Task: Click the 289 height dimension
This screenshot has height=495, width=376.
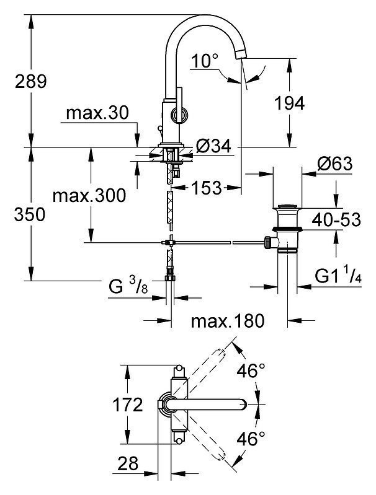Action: pos(31,81)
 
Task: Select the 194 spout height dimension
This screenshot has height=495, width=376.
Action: pos(289,103)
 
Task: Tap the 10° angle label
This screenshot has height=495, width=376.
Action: pos(205,61)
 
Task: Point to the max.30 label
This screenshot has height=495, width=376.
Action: pos(97,113)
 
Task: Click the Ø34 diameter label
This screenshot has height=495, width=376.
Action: pos(213,146)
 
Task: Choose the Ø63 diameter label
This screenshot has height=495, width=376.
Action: pos(335,164)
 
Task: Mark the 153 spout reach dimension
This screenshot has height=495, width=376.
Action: pos(207,188)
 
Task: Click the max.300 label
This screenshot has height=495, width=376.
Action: pos(89,195)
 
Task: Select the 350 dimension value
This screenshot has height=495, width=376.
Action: pos(30,214)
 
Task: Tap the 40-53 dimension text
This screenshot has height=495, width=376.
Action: pos(336,219)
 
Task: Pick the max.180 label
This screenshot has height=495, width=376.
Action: pos(228,321)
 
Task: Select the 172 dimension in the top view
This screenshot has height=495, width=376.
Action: pos(128,405)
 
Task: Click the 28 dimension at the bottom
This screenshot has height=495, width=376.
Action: pos(128,463)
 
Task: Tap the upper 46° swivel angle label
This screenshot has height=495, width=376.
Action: pos(251,370)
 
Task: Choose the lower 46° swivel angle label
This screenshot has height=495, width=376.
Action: pos(251,439)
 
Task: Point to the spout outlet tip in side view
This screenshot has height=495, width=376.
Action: pos(241,55)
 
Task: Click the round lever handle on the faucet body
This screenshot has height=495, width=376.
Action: pos(179,114)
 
